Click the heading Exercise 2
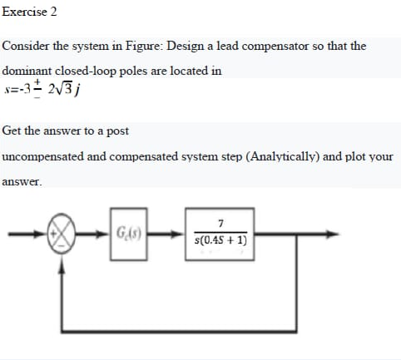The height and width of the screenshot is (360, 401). click(30, 12)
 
